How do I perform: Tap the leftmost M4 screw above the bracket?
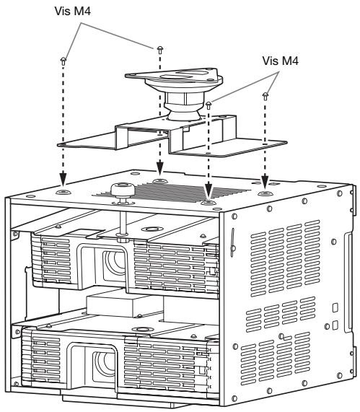(x=63, y=60)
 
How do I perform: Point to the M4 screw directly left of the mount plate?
(x=158, y=49)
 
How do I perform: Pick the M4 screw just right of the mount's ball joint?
(x=209, y=105)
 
